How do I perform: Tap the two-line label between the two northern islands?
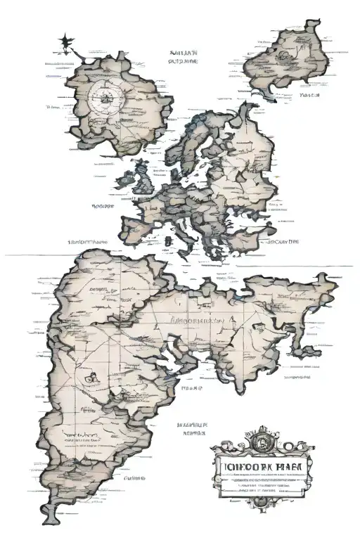coord(181,56)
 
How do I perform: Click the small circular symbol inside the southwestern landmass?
coord(90,378)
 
